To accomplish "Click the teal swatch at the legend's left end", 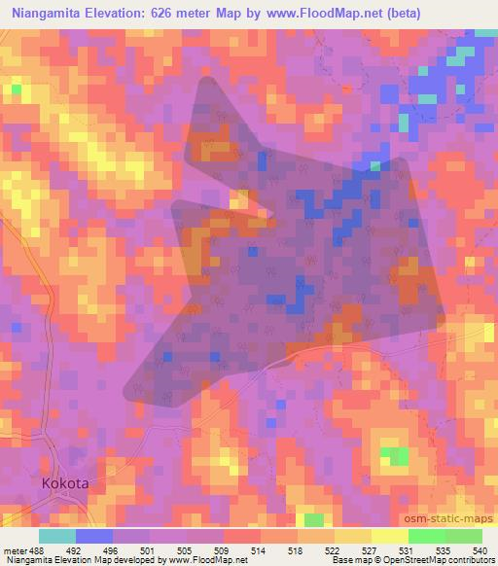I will tap(56, 535).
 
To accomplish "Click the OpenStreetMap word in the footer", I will tap(406, 560).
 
